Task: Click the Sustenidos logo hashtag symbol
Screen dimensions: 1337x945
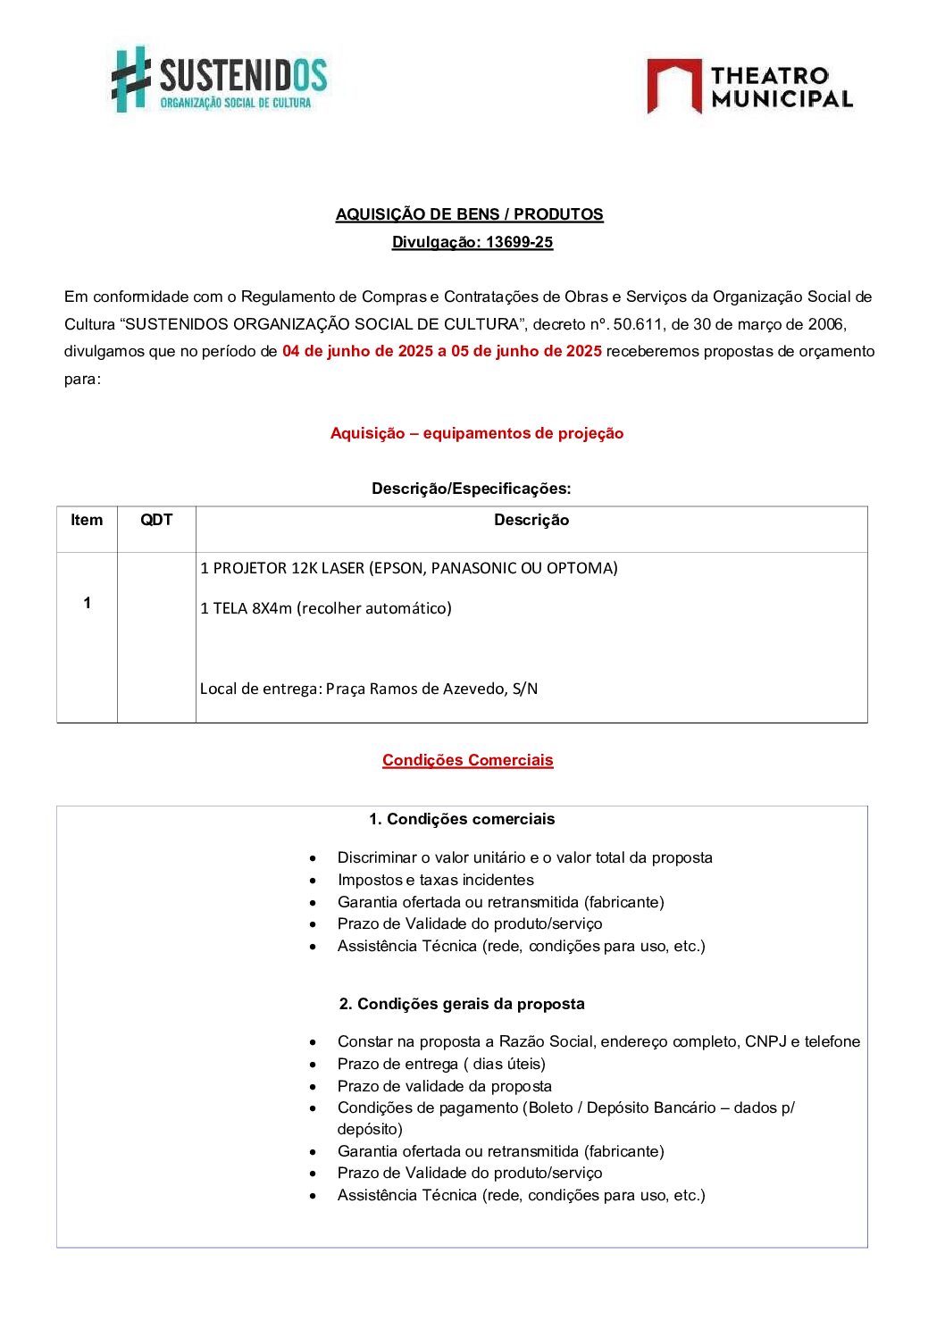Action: (x=130, y=79)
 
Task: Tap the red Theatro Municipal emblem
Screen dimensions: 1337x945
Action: (x=673, y=86)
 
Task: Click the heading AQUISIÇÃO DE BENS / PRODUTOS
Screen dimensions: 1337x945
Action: (x=469, y=214)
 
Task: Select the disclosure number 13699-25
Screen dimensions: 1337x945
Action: (x=519, y=242)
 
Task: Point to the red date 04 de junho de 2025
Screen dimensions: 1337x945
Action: (x=357, y=351)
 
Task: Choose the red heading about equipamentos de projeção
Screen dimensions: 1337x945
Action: (x=477, y=433)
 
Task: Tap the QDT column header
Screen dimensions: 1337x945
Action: (x=156, y=520)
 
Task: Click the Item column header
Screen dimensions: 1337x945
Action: (x=87, y=520)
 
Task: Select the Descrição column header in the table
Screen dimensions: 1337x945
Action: (x=531, y=520)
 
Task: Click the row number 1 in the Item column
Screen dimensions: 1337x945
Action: (x=87, y=603)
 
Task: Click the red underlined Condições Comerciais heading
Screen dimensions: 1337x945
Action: (x=468, y=760)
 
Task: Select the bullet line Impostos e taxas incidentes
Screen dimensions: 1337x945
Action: (x=435, y=880)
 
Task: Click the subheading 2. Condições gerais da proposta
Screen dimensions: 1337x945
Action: (x=462, y=1004)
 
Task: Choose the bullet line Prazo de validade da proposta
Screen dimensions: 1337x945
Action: (x=444, y=1086)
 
